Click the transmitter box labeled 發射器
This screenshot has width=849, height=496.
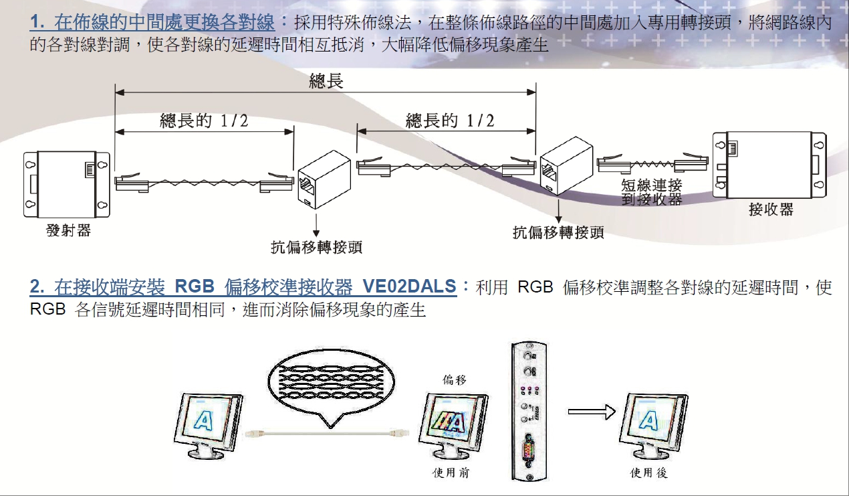click(67, 185)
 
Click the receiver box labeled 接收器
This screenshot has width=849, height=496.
click(769, 165)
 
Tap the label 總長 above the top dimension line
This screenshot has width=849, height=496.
click(326, 80)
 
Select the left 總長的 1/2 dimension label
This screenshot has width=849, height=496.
click(204, 120)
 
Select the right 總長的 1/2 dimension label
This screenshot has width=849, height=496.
click(450, 120)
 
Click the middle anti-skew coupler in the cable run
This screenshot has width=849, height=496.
click(324, 179)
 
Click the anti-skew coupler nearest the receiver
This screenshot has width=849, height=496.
click(566, 165)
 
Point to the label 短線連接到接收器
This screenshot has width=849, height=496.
click(652, 192)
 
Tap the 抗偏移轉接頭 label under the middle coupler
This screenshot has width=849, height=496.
click(316, 247)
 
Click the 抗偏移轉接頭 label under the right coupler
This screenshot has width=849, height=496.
click(558, 232)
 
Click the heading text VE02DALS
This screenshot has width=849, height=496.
click(409, 286)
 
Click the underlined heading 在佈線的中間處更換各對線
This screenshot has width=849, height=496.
click(164, 22)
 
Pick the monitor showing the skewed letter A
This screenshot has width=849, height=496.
click(453, 426)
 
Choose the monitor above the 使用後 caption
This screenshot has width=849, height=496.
click(653, 426)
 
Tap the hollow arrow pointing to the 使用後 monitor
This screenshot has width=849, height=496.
click(592, 412)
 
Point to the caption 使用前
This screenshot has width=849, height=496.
click(451, 473)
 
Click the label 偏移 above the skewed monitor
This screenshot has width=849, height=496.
click(454, 380)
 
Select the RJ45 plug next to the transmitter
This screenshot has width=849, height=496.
click(131, 182)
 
